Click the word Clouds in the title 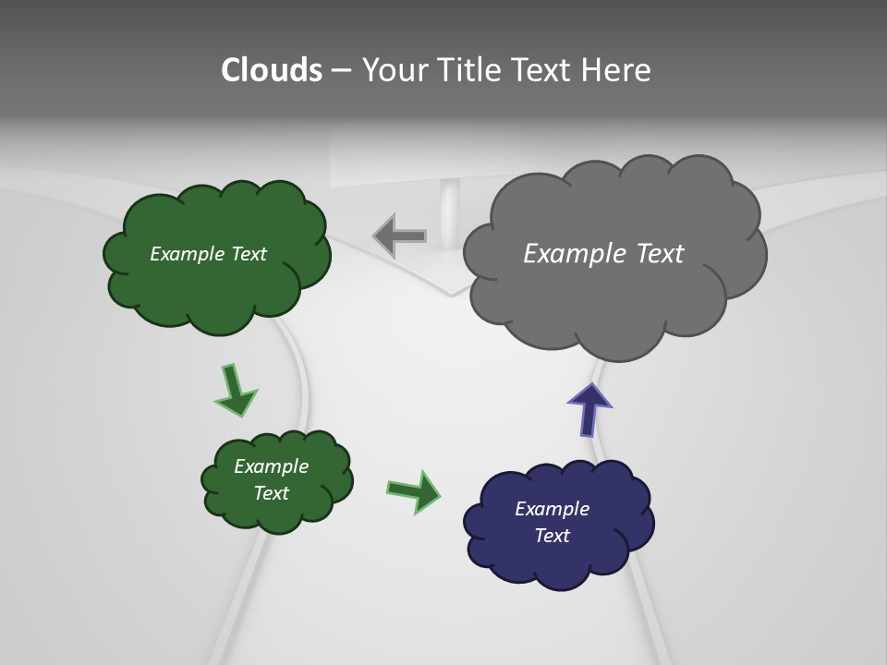271,70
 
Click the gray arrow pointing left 400,236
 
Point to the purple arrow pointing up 589,408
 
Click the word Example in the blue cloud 552,509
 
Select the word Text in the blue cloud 552,536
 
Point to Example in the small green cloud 271,466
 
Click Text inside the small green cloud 271,493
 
